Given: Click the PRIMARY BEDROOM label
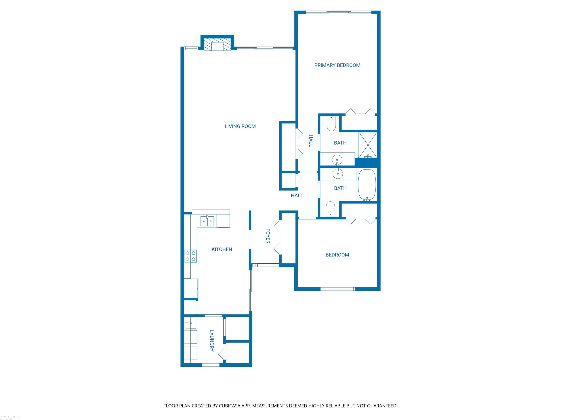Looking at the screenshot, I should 337,65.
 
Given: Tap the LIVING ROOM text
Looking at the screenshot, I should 240,126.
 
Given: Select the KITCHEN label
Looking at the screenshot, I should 222,249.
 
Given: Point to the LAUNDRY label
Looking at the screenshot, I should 212,341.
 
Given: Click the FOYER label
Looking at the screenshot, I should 268,236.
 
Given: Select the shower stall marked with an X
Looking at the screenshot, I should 367,145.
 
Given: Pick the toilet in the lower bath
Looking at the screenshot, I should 330,209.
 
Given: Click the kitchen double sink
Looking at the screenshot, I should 207,221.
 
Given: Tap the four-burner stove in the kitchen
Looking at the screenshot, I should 190,256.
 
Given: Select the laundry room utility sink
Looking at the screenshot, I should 190,323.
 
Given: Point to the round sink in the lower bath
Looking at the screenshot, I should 337,174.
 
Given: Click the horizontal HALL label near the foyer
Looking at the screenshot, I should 297,195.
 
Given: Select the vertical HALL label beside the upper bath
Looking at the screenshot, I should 311,141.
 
